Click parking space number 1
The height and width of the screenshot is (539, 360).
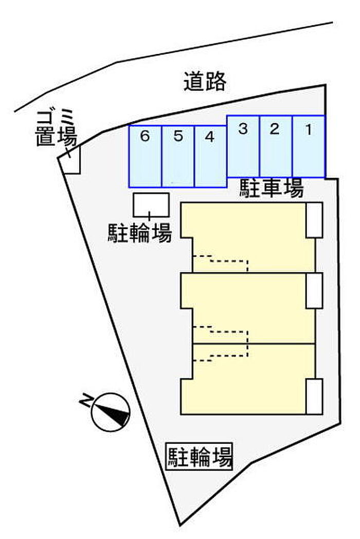point(309,146)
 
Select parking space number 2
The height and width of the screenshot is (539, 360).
point(276,146)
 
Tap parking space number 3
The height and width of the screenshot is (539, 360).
point(243,146)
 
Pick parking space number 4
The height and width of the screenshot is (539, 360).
point(210,156)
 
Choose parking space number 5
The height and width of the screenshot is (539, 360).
point(177,156)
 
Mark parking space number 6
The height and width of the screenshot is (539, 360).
point(145,156)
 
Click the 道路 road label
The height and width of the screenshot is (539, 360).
point(205,81)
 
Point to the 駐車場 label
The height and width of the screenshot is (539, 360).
point(271,189)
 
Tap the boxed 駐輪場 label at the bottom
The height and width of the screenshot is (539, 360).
point(200,456)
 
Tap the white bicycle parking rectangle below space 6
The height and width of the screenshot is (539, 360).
point(151,205)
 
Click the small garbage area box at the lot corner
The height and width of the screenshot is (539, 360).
point(70,160)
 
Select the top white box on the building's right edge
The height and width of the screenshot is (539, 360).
point(314,220)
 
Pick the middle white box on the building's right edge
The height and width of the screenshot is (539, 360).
point(314,290)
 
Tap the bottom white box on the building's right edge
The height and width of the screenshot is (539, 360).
point(314,396)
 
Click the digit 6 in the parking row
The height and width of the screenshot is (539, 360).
point(145,137)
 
